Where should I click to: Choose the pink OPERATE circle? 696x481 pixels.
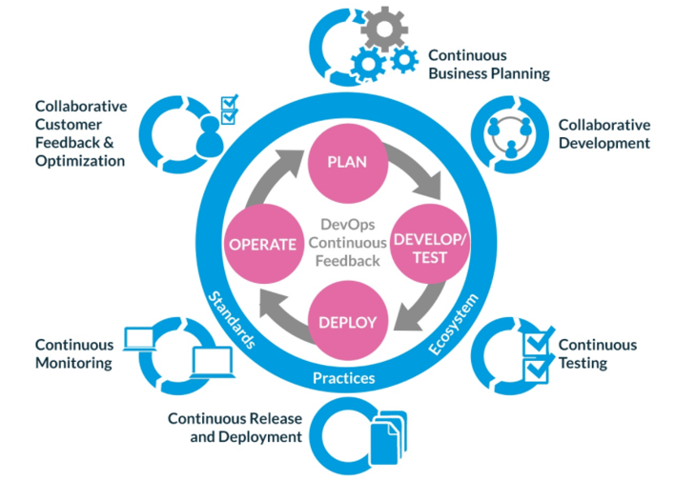tap(261, 244)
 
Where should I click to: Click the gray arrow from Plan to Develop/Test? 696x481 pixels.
tap(417, 176)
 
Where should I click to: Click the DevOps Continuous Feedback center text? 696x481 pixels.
tap(344, 242)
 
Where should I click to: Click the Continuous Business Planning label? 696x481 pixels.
tap(488, 64)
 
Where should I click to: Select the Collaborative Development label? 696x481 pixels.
tap(604, 133)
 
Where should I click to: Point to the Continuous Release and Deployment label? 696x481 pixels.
tap(235, 428)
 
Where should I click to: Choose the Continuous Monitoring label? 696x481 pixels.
tap(74, 353)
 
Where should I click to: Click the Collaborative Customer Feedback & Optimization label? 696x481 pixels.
tap(80, 133)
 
